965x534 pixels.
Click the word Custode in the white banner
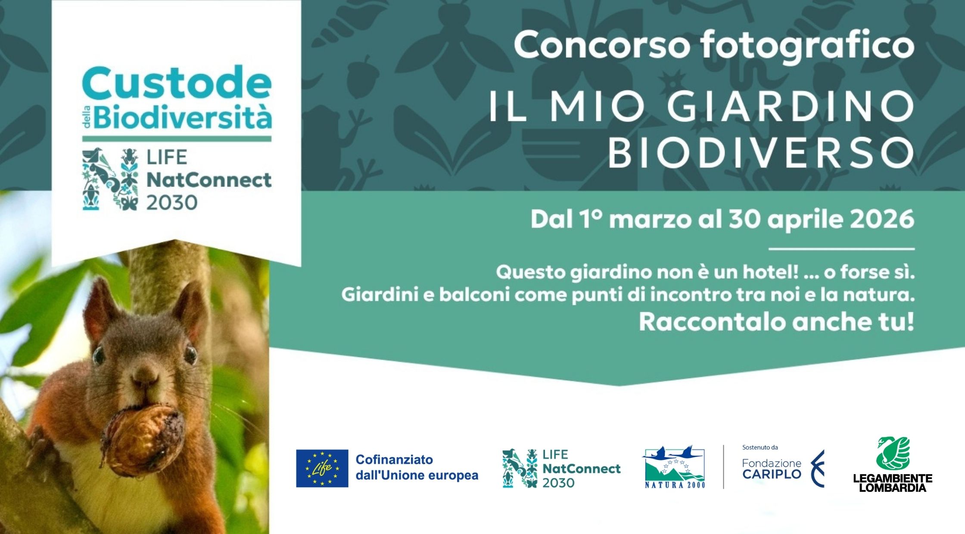click(177, 84)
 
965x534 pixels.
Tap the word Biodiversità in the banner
click(183, 118)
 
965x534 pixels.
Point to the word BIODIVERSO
click(760, 152)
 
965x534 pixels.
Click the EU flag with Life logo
click(322, 468)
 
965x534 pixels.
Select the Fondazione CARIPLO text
click(771, 469)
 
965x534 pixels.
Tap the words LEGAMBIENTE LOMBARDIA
click(893, 483)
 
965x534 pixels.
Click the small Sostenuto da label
click(760, 447)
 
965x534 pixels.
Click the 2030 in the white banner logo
click(172, 202)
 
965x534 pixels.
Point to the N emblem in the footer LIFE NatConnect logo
click(520, 469)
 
